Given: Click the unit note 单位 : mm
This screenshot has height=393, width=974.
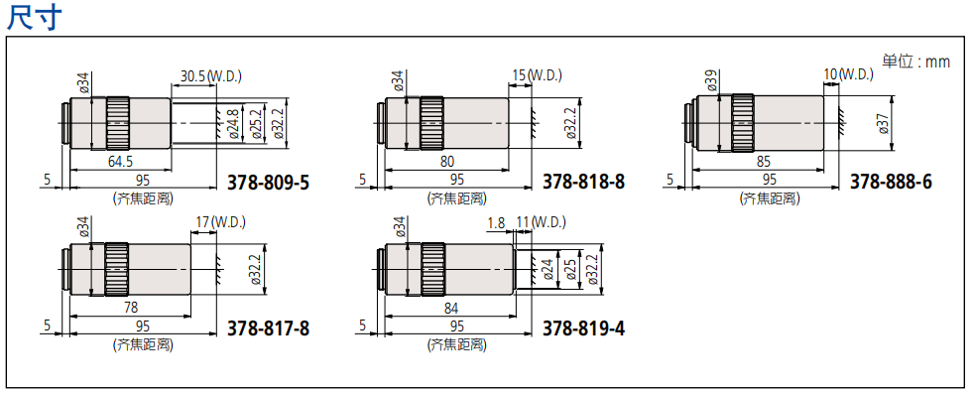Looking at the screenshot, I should [x=916, y=62].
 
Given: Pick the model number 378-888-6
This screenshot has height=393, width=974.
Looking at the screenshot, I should [x=891, y=182].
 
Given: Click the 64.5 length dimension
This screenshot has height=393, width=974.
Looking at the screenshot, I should [x=120, y=160].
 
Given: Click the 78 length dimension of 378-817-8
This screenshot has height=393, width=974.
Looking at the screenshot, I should [x=130, y=305].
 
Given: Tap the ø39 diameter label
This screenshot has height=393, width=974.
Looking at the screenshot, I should [x=711, y=81].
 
